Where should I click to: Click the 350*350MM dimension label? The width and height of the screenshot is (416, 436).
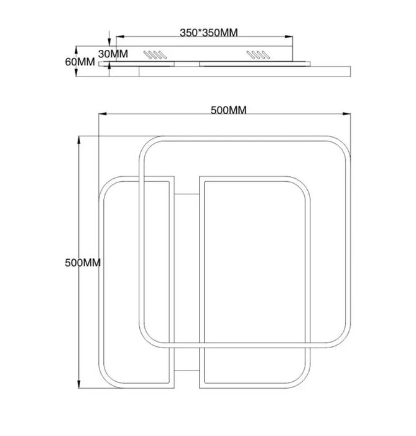point(209,32)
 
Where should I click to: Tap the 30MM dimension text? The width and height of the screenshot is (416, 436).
point(113,54)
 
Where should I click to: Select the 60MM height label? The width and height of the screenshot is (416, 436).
point(80,62)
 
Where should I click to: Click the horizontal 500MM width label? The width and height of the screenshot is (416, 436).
point(228,110)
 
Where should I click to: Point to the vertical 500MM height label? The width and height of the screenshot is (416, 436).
point(83,262)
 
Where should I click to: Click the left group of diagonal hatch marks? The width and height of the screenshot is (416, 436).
point(155,55)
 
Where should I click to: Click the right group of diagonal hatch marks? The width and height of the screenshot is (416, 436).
point(259,55)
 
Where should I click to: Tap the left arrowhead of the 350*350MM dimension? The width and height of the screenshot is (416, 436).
point(120,36)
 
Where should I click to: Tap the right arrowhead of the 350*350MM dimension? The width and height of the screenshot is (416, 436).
point(289,36)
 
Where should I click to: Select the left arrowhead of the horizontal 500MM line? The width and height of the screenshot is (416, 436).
point(103,114)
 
